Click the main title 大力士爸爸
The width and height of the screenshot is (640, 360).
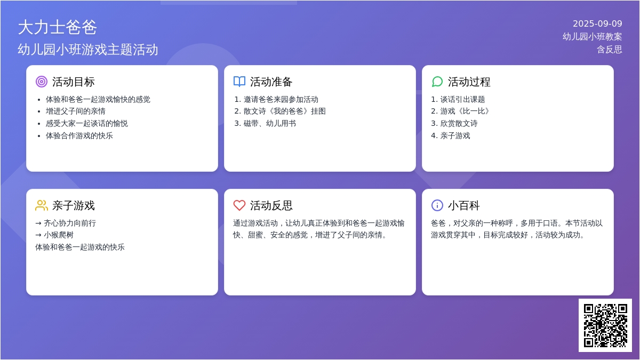click(x=58, y=27)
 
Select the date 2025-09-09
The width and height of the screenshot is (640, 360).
click(x=597, y=23)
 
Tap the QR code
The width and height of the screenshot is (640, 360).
click(x=605, y=325)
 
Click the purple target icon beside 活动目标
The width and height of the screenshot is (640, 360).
click(x=42, y=82)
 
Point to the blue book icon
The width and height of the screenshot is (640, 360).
click(x=239, y=82)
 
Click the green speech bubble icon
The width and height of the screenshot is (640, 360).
click(x=437, y=82)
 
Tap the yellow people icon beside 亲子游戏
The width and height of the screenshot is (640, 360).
click(x=42, y=205)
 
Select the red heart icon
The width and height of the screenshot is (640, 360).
click(x=239, y=205)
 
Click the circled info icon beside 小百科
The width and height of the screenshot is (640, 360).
click(x=437, y=205)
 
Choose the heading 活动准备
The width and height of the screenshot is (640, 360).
click(x=271, y=82)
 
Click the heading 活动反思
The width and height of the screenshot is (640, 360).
click(x=271, y=205)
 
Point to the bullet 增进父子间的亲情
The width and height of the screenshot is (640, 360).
click(x=75, y=111)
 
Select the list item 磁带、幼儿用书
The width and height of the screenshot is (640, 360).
click(x=270, y=123)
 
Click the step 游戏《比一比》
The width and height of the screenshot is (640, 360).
click(x=465, y=111)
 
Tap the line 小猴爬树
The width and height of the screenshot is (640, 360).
click(x=59, y=235)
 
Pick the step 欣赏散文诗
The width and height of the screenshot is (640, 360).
click(x=459, y=123)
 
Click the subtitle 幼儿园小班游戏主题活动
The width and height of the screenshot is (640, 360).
click(x=87, y=50)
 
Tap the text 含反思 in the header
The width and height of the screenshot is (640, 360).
click(x=610, y=50)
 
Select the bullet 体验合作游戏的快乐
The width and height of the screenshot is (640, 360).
click(x=79, y=135)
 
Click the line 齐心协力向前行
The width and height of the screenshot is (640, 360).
click(x=70, y=223)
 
